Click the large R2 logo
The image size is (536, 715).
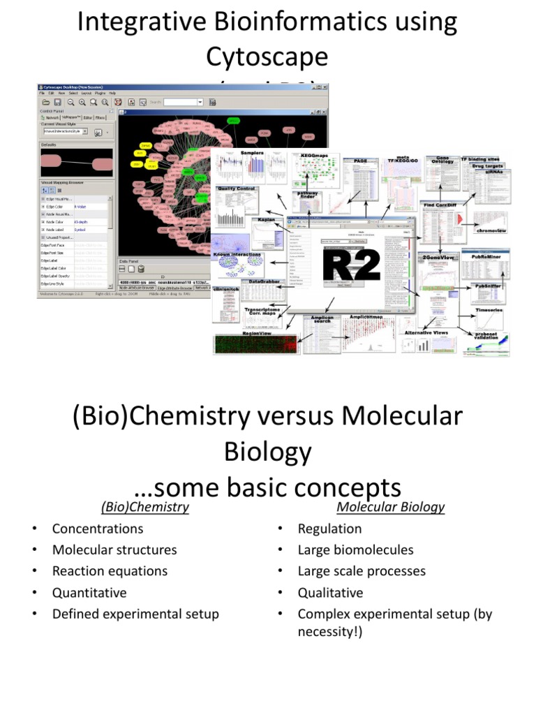pyautogui.click(x=352, y=265)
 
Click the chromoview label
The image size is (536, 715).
pyautogui.click(x=491, y=230)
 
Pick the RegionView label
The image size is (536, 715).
pyautogui.click(x=241, y=334)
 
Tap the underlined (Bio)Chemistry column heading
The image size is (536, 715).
pyautogui.click(x=144, y=507)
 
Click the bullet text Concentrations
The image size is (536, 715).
pyautogui.click(x=98, y=529)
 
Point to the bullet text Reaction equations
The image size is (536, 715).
pyautogui.click(x=110, y=571)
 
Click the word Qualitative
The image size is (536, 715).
pyautogui.click(x=330, y=593)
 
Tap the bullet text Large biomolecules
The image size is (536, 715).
pyautogui.click(x=355, y=550)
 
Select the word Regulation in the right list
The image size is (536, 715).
pyautogui.click(x=329, y=529)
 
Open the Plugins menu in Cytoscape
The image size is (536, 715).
pyautogui.click(x=100, y=92)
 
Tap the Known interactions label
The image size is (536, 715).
pyautogui.click(x=238, y=255)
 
